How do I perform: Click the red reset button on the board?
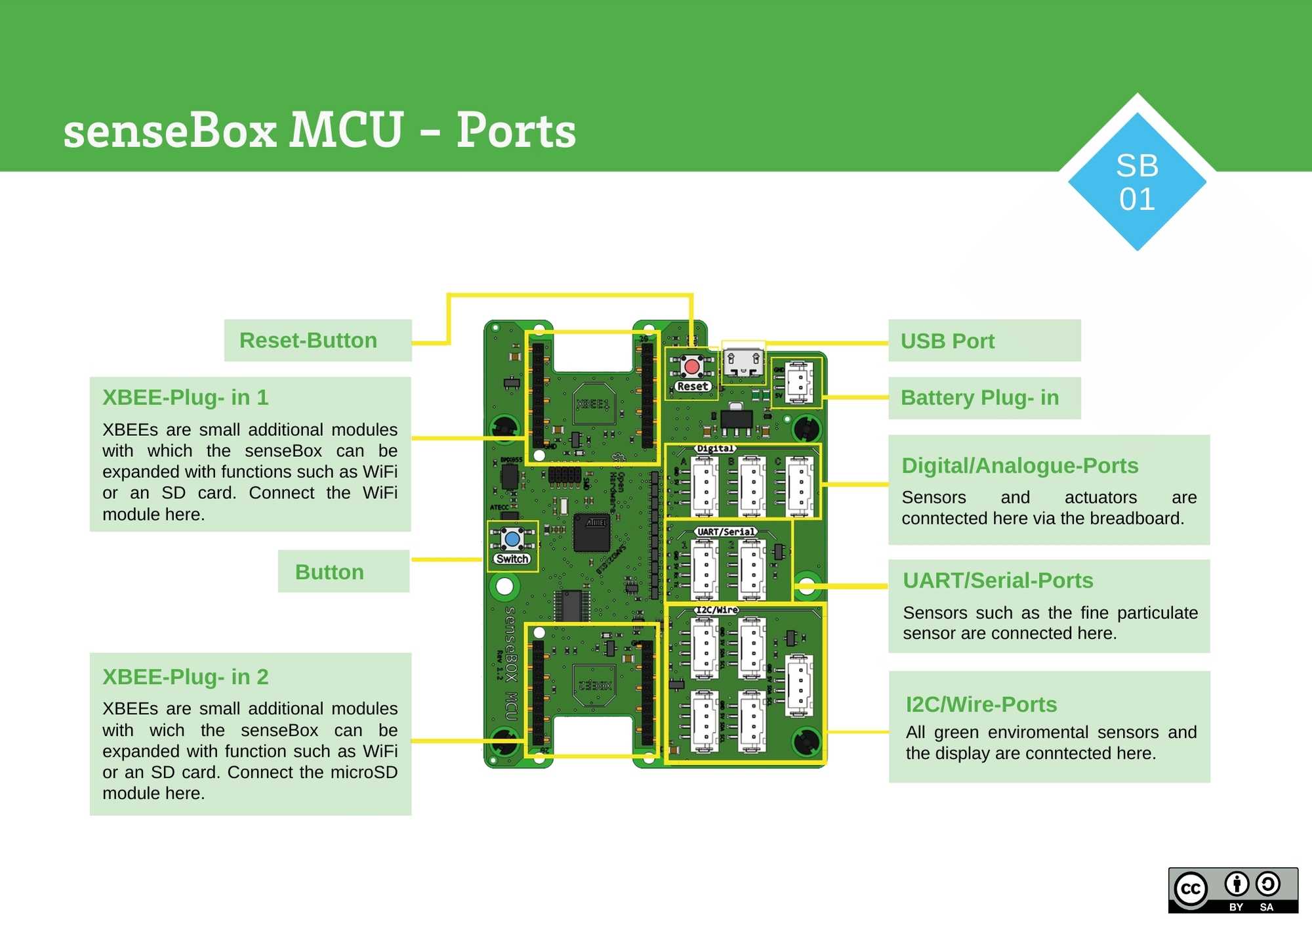[x=691, y=366]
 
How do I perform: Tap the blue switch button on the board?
[x=512, y=540]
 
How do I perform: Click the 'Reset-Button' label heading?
[x=308, y=341]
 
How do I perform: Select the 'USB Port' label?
[x=947, y=341]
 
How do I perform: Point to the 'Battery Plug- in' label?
[x=979, y=398]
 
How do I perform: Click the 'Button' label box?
[x=329, y=572]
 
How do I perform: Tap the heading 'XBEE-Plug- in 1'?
[x=186, y=398]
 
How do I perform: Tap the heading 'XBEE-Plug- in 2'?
[x=186, y=677]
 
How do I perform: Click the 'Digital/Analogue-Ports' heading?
[x=1019, y=465]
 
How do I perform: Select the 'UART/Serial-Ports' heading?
[x=998, y=581]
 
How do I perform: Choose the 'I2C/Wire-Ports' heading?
[x=981, y=704]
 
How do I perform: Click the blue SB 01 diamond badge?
[x=1137, y=183]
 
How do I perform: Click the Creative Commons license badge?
[x=1233, y=890]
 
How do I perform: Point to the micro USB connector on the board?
[x=743, y=363]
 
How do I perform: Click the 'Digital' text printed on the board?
[x=714, y=449]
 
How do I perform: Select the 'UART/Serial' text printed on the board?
[x=726, y=532]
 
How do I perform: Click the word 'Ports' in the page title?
[x=516, y=130]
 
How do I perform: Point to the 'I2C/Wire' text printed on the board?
[x=716, y=610]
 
